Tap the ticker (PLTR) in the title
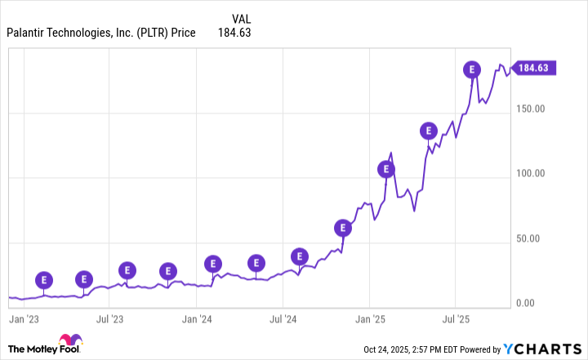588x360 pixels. click(x=148, y=33)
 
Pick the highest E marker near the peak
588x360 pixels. click(x=471, y=69)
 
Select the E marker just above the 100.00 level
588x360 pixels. click(x=386, y=169)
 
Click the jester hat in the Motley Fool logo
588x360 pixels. click(x=70, y=341)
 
